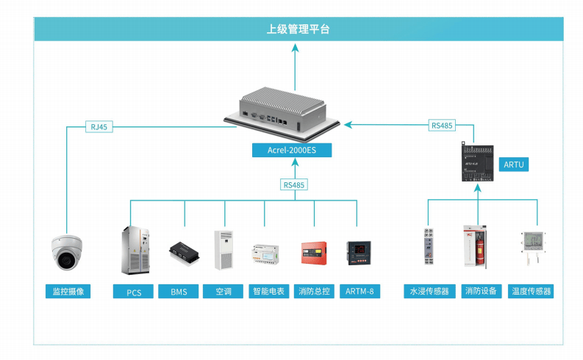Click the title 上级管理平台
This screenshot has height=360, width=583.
pos(298,29)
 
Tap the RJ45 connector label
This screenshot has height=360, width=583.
pos(99,126)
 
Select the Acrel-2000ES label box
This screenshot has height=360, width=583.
pos(292,150)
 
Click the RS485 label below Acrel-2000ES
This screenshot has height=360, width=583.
pos(294,184)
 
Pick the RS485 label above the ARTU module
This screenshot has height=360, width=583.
pos(442,125)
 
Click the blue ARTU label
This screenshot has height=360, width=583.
pos(513,165)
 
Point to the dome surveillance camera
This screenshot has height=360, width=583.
pos(67,252)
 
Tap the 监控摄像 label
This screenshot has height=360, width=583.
pos(68,291)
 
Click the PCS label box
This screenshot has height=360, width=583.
pos(133,292)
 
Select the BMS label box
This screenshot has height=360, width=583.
pos(179,292)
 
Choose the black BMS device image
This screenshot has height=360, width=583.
pos(184,253)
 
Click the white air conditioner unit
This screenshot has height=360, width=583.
pos(223,250)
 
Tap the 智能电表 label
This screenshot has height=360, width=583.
pos(268,291)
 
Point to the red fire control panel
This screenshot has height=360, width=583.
pos(314,253)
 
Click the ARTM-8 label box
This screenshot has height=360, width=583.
pos(360,291)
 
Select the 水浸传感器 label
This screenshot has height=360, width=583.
pos(429,291)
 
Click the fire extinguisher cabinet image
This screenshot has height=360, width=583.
pos(475,246)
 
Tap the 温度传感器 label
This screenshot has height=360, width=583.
pos(531,291)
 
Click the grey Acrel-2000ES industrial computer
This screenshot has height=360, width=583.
pos(282,113)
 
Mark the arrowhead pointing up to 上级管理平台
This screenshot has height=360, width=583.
pos(296,48)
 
